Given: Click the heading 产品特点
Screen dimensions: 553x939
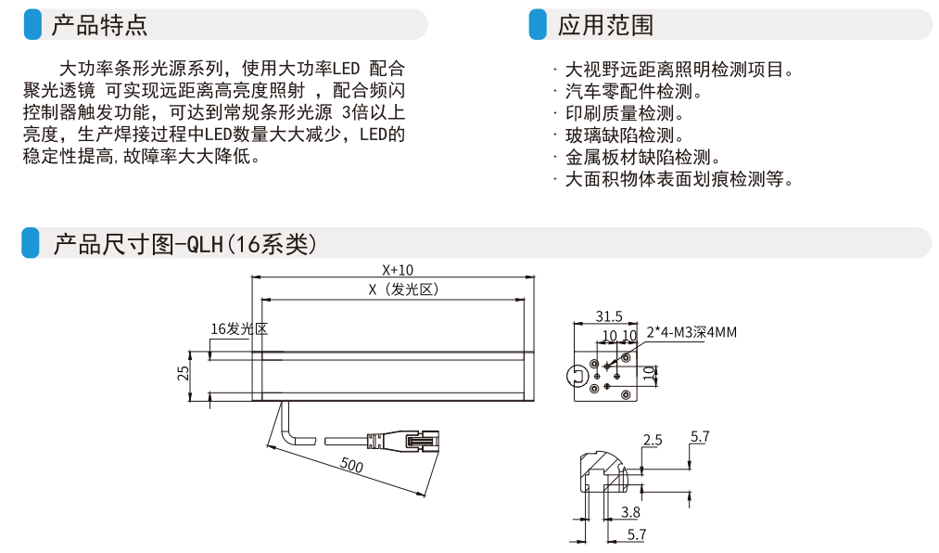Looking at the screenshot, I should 99,25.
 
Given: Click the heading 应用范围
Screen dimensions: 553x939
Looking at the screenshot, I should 605,25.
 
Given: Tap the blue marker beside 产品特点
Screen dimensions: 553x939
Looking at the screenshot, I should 32,25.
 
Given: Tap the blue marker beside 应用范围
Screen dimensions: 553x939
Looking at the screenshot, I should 538,25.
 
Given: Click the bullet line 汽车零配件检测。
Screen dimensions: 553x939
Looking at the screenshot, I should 633,92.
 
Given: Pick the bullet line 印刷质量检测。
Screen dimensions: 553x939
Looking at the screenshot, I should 625,114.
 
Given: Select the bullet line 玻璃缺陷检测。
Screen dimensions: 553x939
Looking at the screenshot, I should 625,136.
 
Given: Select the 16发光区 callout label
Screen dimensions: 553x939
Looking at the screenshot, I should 239,328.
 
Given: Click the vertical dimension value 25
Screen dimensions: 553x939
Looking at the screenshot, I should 184,373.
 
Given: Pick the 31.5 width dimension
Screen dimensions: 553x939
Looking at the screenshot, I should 608,316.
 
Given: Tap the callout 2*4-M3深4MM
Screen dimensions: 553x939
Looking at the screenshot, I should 692,331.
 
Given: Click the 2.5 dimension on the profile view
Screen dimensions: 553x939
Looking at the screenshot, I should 653,440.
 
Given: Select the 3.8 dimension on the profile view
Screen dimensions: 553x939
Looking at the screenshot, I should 630,511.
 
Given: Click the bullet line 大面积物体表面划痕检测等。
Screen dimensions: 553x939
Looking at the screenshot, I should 679,180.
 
